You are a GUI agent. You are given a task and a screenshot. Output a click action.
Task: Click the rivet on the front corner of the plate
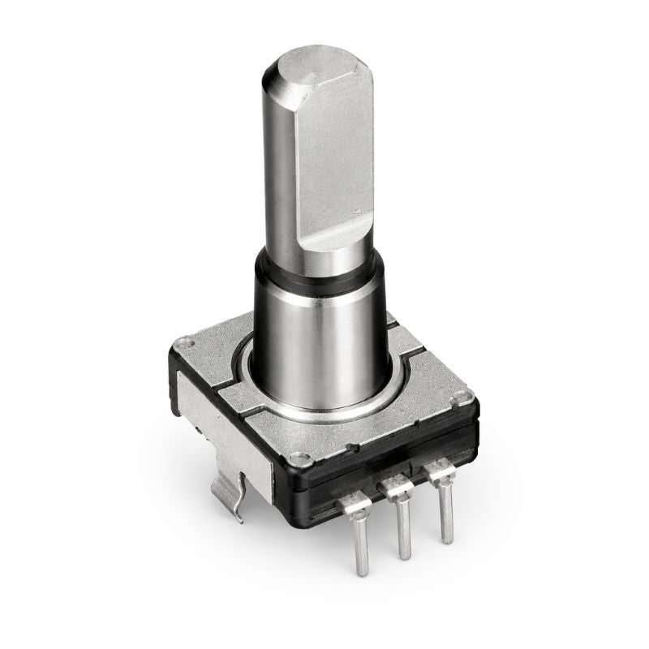click(x=303, y=459)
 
